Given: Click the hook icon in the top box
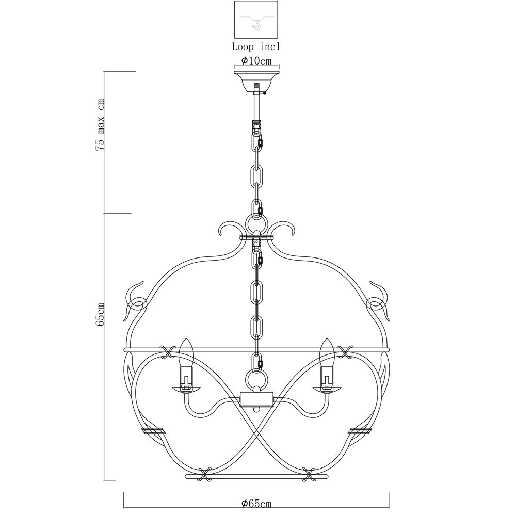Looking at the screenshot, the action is coord(256,24).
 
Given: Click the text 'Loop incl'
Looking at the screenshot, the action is coord(256,47).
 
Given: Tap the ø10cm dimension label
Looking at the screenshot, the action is coord(256,61).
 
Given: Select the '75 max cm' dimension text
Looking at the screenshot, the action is coord(100,124).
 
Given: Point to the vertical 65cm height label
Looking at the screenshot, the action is coord(100,314).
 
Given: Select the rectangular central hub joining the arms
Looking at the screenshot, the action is coord(256,399).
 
